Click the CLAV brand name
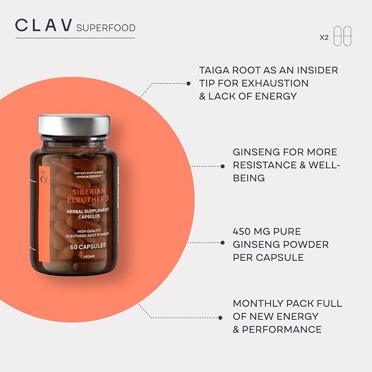coord(44,25)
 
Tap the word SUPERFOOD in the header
coord(106,28)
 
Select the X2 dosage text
coord(324,37)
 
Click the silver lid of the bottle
coord(75,125)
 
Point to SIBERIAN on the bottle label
coord(89,191)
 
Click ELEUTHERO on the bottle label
coord(88,199)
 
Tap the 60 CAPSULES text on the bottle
coord(88,246)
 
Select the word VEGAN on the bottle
coord(89,256)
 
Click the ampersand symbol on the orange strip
coord(44,177)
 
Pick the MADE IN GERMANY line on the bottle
coord(89,176)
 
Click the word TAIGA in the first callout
coord(214,70)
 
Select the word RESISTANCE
coord(265,165)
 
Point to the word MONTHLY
coord(258,304)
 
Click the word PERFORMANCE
coord(282,329)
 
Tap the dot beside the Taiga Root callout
coord(188,83)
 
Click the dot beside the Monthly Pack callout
coord(220,318)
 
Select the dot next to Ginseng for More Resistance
coord(222,167)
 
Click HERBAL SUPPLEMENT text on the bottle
coord(88,211)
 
